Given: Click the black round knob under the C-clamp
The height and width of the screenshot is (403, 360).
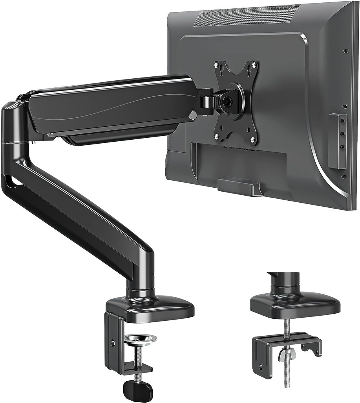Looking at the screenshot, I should point(137,390).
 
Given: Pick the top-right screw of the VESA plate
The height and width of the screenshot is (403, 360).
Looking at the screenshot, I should point(254,63).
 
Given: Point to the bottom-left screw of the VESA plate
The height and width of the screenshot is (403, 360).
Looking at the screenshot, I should point(216,136).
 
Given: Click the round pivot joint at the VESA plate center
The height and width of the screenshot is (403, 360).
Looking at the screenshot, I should point(227,101).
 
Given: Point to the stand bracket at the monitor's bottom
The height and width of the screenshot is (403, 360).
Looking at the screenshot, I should point(240,186).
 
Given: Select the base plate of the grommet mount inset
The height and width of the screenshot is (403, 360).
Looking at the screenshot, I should point(294,305).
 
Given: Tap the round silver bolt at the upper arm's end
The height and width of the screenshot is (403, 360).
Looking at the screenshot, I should point(192,115).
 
